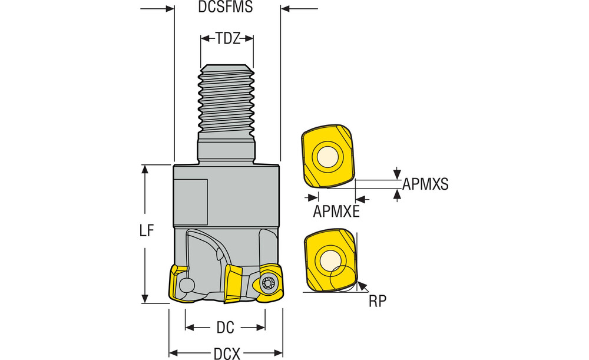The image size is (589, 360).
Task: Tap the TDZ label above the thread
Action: [227, 39]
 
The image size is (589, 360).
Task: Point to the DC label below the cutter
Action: [225, 327]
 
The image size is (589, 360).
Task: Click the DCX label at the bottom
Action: [227, 353]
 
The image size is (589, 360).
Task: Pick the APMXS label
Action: [425, 184]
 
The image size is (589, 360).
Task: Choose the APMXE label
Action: [336, 211]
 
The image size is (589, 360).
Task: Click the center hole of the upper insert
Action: [326, 157]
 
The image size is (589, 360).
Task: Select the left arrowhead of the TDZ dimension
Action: [204, 39]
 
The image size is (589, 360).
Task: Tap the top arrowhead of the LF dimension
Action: [145, 169]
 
